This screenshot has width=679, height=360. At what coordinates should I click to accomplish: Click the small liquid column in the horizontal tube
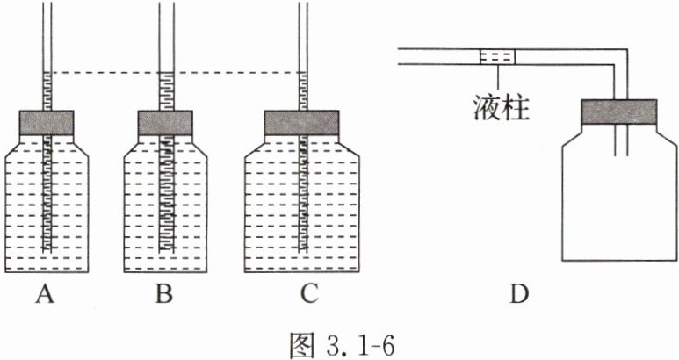click(498, 56)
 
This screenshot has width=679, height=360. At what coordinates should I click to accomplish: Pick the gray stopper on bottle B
click(163, 122)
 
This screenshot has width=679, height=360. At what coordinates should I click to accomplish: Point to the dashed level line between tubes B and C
click(233, 73)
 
